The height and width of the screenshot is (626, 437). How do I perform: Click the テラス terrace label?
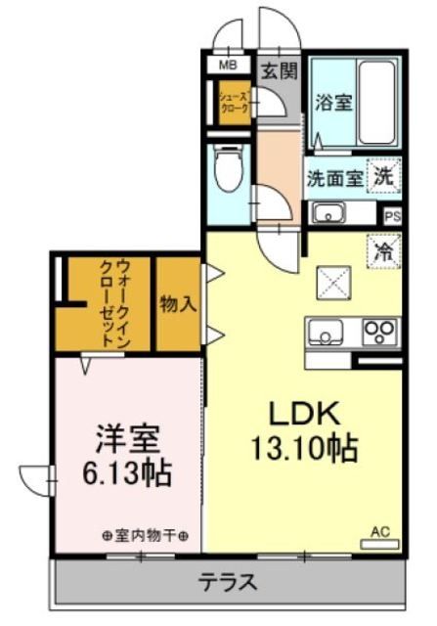(x=227, y=583)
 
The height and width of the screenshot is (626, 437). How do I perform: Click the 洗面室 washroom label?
(x=334, y=179)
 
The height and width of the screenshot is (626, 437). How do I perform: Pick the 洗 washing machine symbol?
(x=385, y=177)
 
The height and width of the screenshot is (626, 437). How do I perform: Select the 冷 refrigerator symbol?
(x=384, y=250)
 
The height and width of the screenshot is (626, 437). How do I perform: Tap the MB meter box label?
(x=228, y=66)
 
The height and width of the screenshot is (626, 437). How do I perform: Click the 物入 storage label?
(x=179, y=303)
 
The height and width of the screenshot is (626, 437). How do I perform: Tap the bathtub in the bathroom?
(x=375, y=103)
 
